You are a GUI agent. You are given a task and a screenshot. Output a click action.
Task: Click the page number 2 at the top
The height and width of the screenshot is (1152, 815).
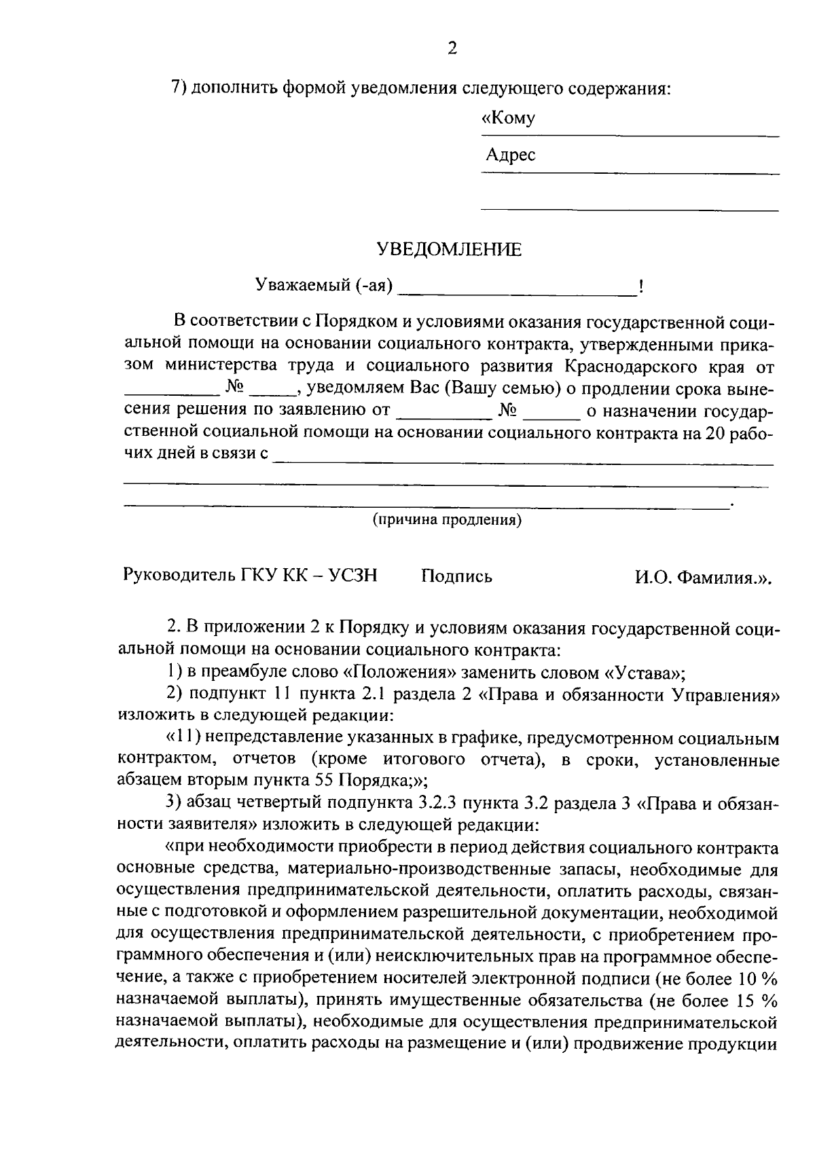(452, 48)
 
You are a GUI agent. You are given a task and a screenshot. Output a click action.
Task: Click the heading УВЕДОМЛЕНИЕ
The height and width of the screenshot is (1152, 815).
(450, 250)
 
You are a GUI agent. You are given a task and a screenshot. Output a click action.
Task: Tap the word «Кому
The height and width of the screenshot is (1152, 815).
(508, 118)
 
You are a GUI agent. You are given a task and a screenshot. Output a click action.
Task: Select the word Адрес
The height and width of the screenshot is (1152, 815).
(511, 155)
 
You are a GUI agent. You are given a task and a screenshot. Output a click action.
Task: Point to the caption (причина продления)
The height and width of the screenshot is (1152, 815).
(447, 521)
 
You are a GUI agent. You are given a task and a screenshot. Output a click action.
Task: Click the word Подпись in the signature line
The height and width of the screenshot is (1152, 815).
(456, 577)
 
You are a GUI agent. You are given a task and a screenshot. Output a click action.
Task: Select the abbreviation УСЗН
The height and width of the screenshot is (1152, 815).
(352, 576)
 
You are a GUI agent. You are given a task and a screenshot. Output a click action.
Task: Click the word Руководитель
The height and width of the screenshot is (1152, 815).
(179, 576)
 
